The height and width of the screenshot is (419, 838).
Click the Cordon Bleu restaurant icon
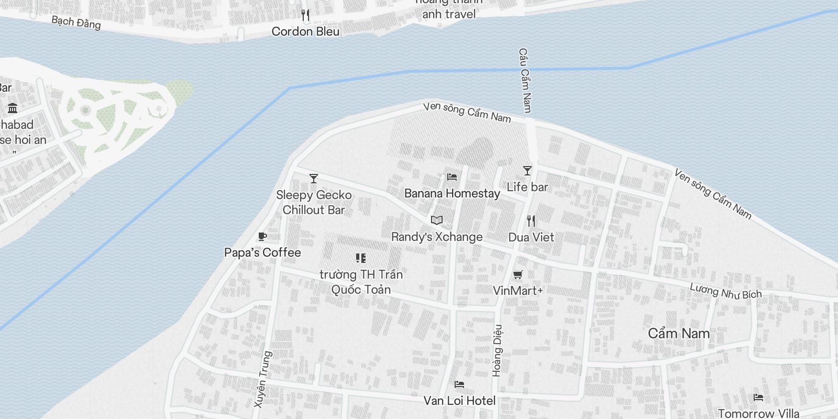(306, 15)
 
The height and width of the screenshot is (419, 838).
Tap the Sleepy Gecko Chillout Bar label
(314, 203)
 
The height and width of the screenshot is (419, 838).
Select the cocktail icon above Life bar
(527, 171)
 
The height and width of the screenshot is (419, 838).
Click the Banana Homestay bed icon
(452, 177)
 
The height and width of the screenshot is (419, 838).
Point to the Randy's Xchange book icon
(437, 220)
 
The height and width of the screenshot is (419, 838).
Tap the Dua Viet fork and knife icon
(531, 221)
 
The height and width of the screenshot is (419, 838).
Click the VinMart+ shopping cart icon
(518, 274)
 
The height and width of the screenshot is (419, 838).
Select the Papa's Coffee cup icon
(262, 237)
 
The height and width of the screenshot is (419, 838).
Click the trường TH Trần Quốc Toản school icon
(360, 258)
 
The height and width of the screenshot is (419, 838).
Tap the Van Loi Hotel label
(459, 401)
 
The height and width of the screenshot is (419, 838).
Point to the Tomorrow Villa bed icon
(758, 398)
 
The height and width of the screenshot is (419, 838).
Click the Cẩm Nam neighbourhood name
(679, 333)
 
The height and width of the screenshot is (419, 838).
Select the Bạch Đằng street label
(76, 23)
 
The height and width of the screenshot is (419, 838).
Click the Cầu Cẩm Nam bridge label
(525, 80)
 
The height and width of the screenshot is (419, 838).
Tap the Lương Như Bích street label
(725, 291)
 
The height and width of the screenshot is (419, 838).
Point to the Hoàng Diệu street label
(498, 350)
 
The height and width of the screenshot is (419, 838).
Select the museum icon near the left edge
(13, 108)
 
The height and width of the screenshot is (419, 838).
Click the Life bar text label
(527, 187)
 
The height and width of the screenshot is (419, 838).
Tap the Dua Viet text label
(531, 237)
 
